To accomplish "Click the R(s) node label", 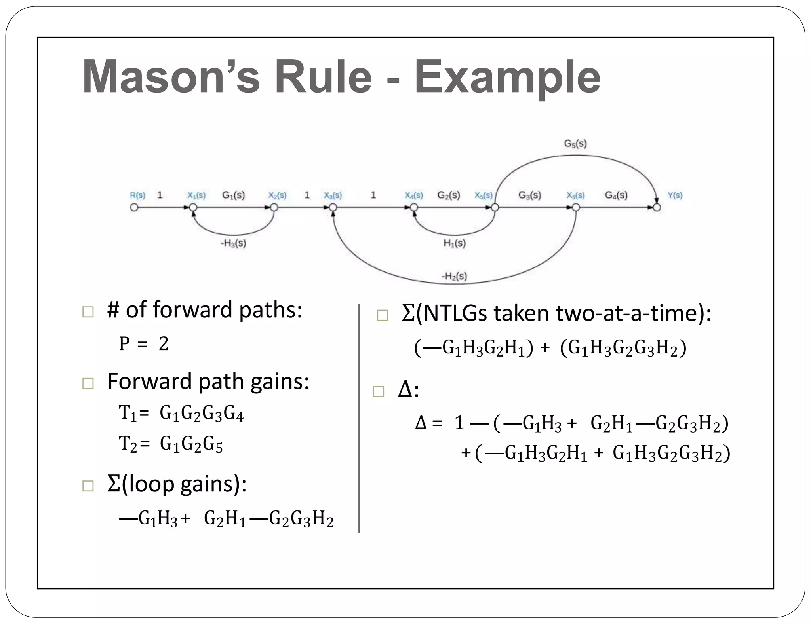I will point(137,195).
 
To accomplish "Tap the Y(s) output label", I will point(675,195).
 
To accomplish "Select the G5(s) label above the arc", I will point(575,144).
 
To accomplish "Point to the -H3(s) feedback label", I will point(233,243).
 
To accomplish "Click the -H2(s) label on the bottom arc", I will point(454,276).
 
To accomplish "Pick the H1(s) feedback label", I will point(454,243).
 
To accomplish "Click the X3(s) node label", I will point(333,195).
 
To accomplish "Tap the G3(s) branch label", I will point(529,195).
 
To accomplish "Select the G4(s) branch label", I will point(616,195).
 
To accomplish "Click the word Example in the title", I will point(507,78).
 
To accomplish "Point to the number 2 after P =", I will point(164,343).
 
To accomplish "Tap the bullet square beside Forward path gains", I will point(88,383).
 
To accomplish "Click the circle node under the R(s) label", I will point(134,207).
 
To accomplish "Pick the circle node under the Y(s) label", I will point(657,207).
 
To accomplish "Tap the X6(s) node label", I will point(575,195).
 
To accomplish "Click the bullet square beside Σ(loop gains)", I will point(88,486).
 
